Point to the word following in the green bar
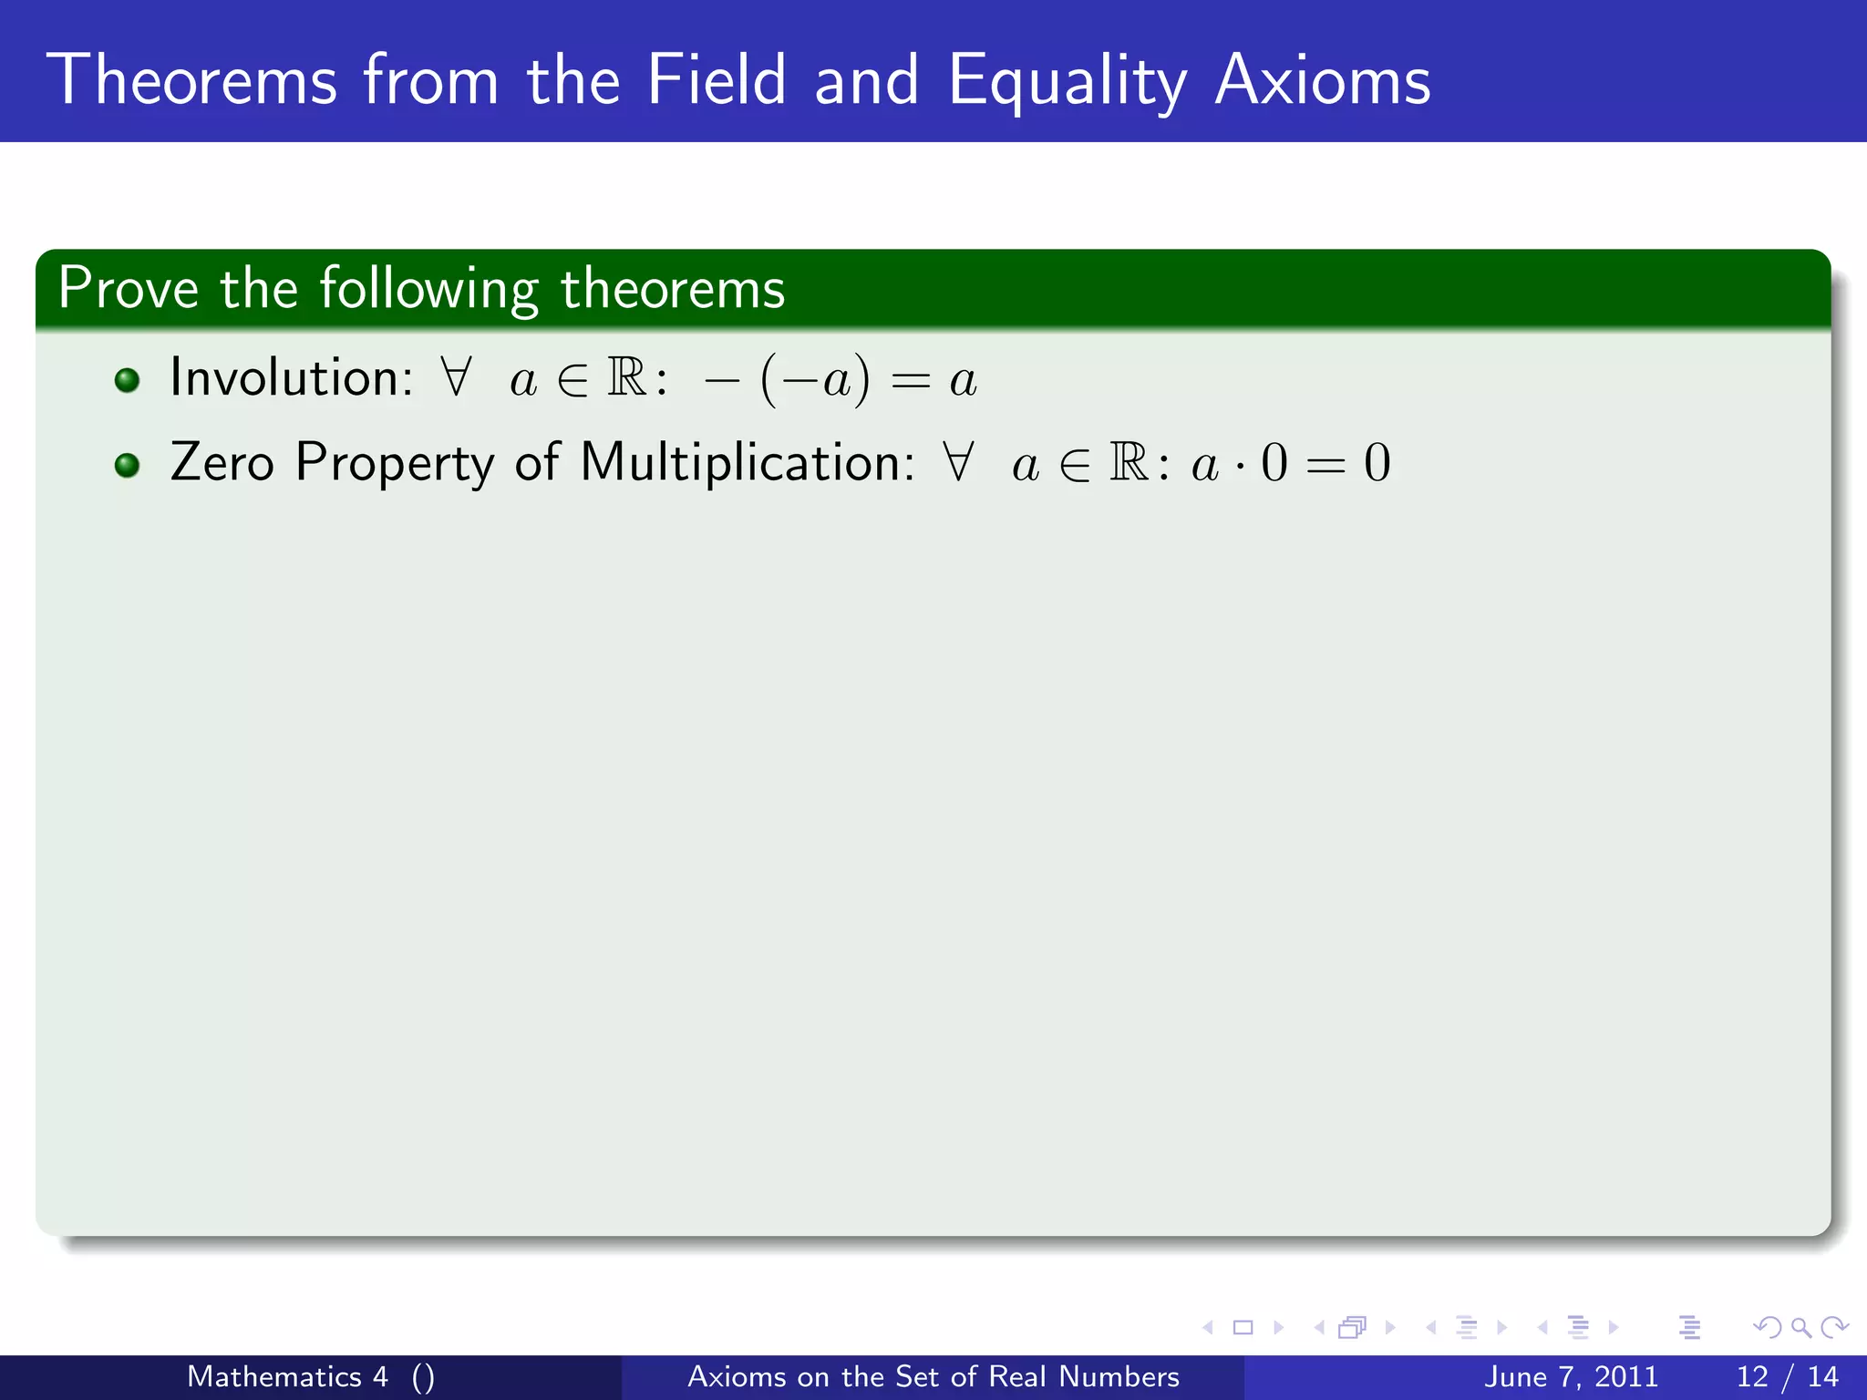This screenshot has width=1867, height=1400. tap(428, 290)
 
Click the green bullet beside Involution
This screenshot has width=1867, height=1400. tap(128, 380)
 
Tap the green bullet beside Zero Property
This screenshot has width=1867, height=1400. tap(128, 465)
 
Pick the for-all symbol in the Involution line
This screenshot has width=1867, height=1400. tap(456, 376)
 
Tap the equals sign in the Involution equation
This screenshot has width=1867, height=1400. tap(910, 381)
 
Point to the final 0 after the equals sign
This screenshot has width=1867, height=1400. tap(1377, 463)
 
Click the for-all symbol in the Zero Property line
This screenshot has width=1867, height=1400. tap(958, 461)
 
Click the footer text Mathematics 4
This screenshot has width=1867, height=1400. tap(287, 1376)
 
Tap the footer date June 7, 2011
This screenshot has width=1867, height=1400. tap(1571, 1376)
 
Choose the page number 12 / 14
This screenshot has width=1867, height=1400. tap(1787, 1376)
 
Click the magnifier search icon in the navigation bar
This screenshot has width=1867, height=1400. tap(1800, 1328)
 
